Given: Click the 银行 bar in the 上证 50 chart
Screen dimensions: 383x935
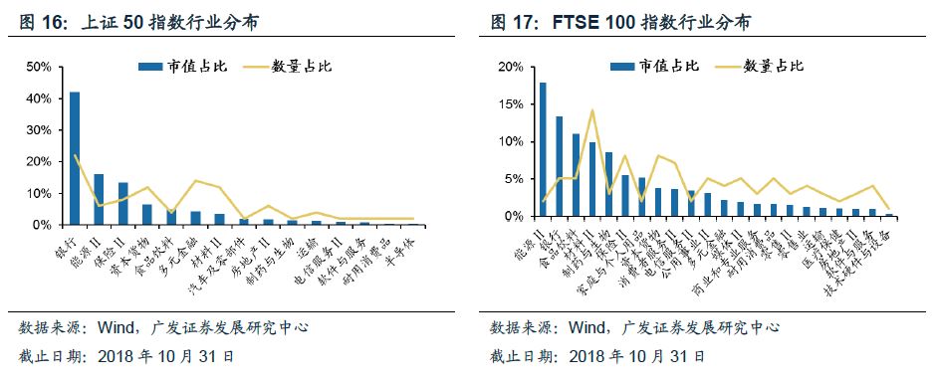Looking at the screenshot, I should (75, 159).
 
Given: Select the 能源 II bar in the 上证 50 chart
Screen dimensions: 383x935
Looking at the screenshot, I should (99, 200).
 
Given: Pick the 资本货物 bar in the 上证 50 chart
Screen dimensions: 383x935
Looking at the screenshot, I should (147, 215).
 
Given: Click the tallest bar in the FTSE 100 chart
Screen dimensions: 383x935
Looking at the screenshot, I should (543, 149).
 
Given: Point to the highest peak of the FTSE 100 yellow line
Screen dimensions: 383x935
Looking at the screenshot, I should (592, 110).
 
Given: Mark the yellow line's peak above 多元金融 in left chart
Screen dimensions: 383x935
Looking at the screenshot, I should (196, 181).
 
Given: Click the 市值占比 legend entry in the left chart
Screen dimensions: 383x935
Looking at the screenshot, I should (184, 66).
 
